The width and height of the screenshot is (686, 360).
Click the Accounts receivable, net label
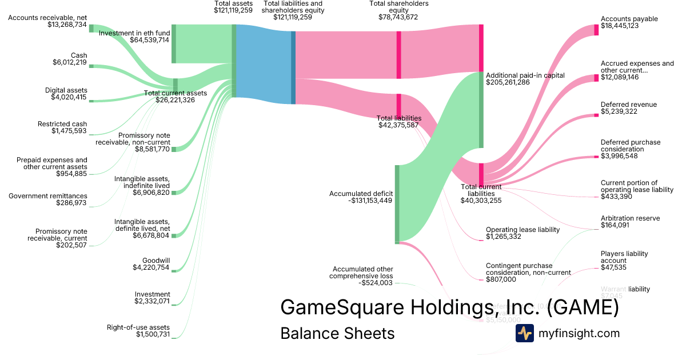tap(47, 18)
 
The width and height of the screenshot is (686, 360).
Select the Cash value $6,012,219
tap(70, 62)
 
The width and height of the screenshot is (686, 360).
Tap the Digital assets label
tap(66, 90)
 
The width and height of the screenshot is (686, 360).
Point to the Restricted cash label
tap(62, 124)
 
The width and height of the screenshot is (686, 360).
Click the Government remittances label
tap(48, 196)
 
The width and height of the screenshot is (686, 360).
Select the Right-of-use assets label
tap(138, 327)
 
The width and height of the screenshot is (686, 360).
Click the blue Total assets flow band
tap(263, 64)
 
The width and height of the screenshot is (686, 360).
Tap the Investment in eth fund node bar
tap(173, 44)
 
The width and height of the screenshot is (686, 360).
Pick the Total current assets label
tap(175, 93)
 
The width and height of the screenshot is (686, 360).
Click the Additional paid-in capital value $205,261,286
tap(508, 82)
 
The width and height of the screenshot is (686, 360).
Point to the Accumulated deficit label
tap(361, 194)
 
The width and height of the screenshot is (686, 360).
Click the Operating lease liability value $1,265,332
tap(503, 236)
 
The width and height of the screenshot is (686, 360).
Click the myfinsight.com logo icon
tap(524, 333)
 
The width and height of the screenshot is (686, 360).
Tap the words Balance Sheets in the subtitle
tap(337, 333)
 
